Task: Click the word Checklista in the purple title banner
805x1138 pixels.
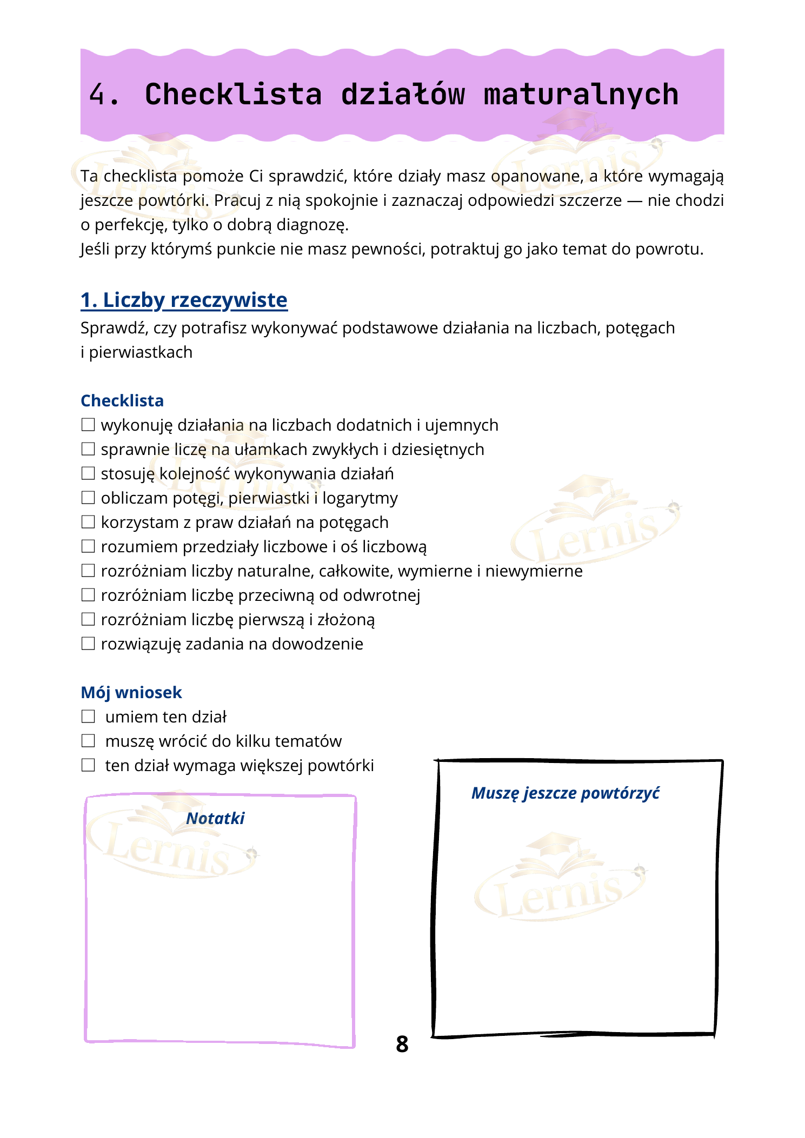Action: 233,95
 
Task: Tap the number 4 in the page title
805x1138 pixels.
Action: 97,95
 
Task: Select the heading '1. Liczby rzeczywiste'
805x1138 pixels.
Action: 184,300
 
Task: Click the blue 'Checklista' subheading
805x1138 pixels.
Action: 122,400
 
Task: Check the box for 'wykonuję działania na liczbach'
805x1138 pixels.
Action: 88,425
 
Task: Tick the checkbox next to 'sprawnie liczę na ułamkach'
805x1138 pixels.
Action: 88,449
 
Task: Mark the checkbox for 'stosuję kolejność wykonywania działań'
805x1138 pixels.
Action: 88,473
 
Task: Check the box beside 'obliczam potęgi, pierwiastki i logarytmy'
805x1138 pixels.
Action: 88,498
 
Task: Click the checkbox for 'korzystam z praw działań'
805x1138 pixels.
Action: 88,522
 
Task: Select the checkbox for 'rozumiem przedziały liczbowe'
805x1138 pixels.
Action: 88,546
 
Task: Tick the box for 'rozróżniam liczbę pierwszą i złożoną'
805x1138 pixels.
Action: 88,619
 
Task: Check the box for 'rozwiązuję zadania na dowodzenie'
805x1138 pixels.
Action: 88,644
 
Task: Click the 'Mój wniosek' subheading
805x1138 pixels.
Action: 131,692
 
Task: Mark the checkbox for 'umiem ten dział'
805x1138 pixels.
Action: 88,717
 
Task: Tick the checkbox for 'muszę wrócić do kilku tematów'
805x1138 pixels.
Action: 88,741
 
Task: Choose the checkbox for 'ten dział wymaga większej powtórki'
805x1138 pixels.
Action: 88,765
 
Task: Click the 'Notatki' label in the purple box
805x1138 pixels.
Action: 215,818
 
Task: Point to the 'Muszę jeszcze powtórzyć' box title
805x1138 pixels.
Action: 566,793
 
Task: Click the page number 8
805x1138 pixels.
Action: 402,1044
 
